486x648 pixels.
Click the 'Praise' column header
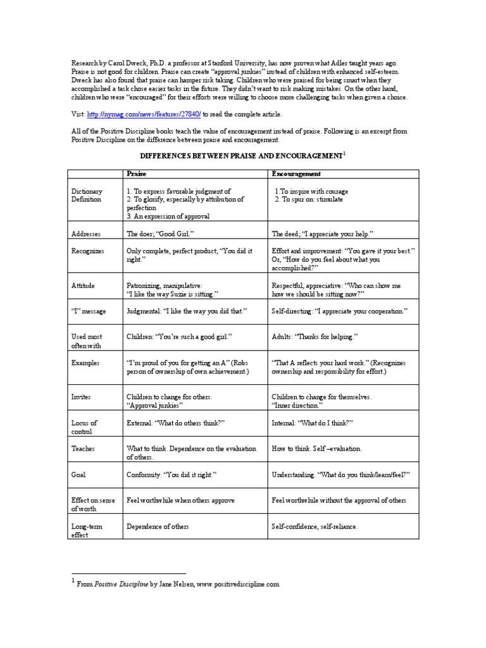point(137,173)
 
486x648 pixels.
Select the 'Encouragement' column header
point(296,173)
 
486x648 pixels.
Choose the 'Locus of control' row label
point(84,427)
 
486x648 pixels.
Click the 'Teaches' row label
point(83,449)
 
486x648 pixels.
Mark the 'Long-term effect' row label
point(87,530)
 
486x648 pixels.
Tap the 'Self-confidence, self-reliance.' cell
point(315,526)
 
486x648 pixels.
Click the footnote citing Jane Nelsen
point(178,585)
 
